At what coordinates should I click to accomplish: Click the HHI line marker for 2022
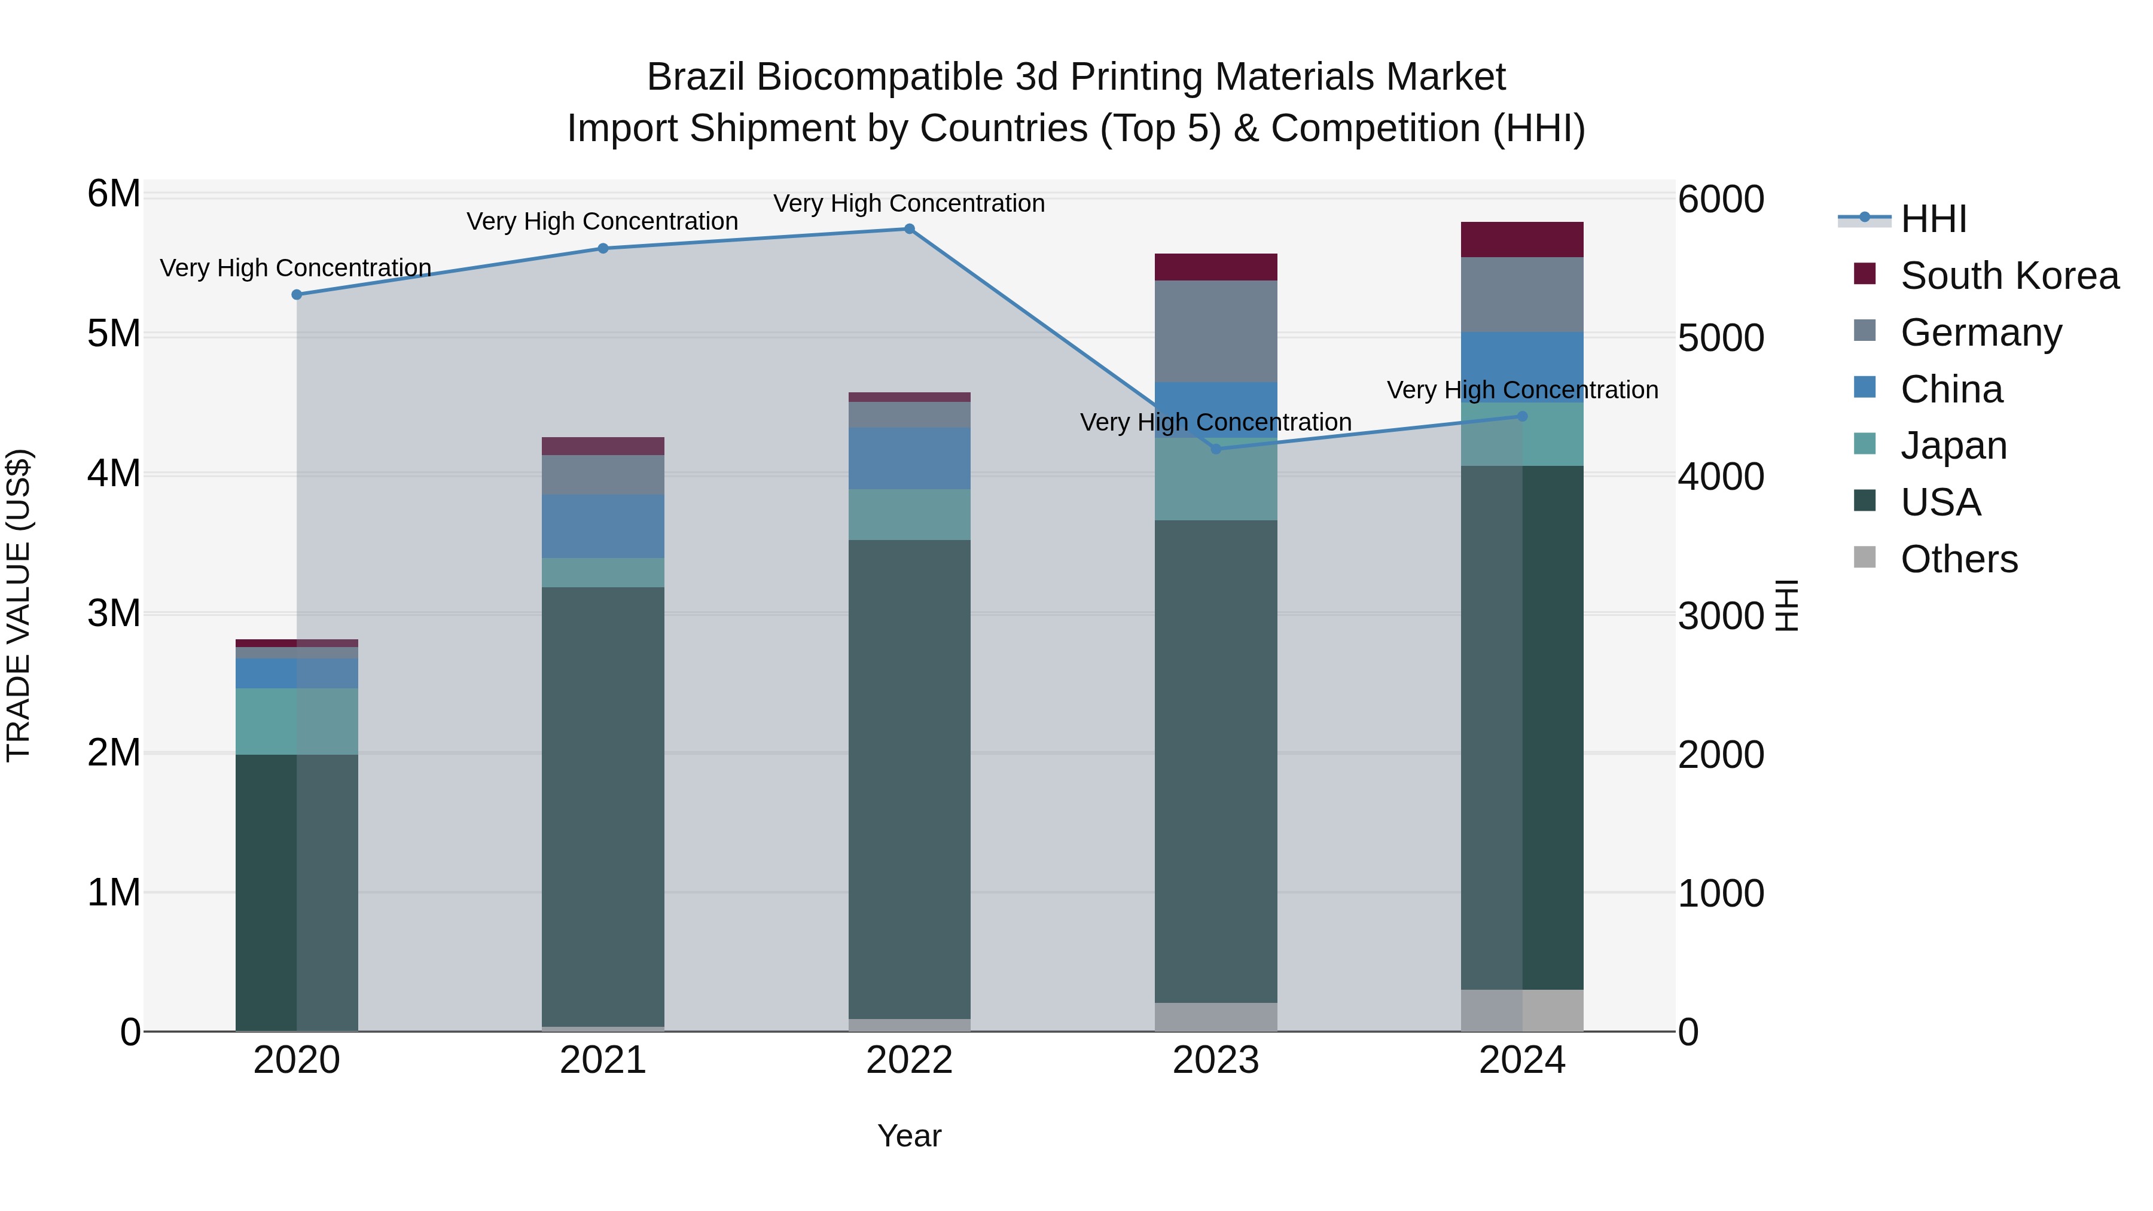coord(909,229)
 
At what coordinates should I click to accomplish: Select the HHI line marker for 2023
coord(1216,449)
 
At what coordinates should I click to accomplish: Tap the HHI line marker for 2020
coord(297,295)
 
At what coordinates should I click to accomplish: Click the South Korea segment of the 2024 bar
coord(1522,240)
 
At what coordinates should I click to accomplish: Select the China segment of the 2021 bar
coord(603,526)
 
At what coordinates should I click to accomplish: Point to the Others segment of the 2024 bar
coord(1522,1011)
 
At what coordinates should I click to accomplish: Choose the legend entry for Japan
coord(1953,446)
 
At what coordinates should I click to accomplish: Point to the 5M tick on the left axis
coord(114,334)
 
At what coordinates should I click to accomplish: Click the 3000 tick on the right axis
coord(1720,616)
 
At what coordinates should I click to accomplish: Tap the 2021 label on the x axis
coord(603,1060)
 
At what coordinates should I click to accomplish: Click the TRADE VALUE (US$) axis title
coord(19,605)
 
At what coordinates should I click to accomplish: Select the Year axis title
coord(909,1136)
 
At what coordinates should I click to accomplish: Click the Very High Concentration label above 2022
coord(909,203)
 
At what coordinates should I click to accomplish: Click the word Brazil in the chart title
coord(698,77)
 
